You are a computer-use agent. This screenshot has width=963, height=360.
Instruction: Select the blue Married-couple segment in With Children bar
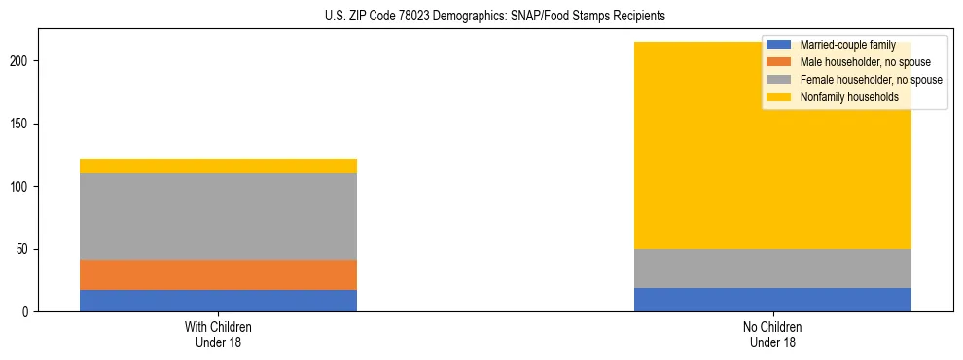(x=218, y=301)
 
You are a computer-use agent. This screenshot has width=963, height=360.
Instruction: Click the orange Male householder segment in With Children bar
(x=218, y=274)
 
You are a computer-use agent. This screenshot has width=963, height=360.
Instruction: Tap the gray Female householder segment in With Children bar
(x=218, y=216)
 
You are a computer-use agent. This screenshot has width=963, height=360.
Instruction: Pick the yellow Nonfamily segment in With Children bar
(x=218, y=165)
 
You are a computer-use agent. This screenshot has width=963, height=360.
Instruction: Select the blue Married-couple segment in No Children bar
(x=772, y=300)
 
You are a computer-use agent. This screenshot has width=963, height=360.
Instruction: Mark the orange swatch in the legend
(x=779, y=62)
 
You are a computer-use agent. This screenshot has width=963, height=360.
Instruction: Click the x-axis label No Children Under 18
(x=772, y=335)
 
